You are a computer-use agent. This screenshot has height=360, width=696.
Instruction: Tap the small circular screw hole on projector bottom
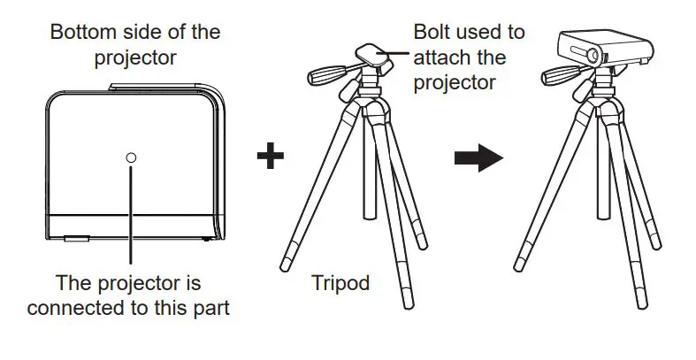click(x=131, y=157)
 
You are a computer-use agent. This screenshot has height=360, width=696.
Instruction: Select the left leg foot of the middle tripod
click(x=285, y=263)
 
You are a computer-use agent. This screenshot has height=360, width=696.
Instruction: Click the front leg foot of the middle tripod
click(x=406, y=300)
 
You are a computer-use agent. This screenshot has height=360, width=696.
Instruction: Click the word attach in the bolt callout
click(x=437, y=57)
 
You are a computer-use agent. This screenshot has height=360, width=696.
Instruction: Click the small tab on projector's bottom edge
click(x=76, y=237)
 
